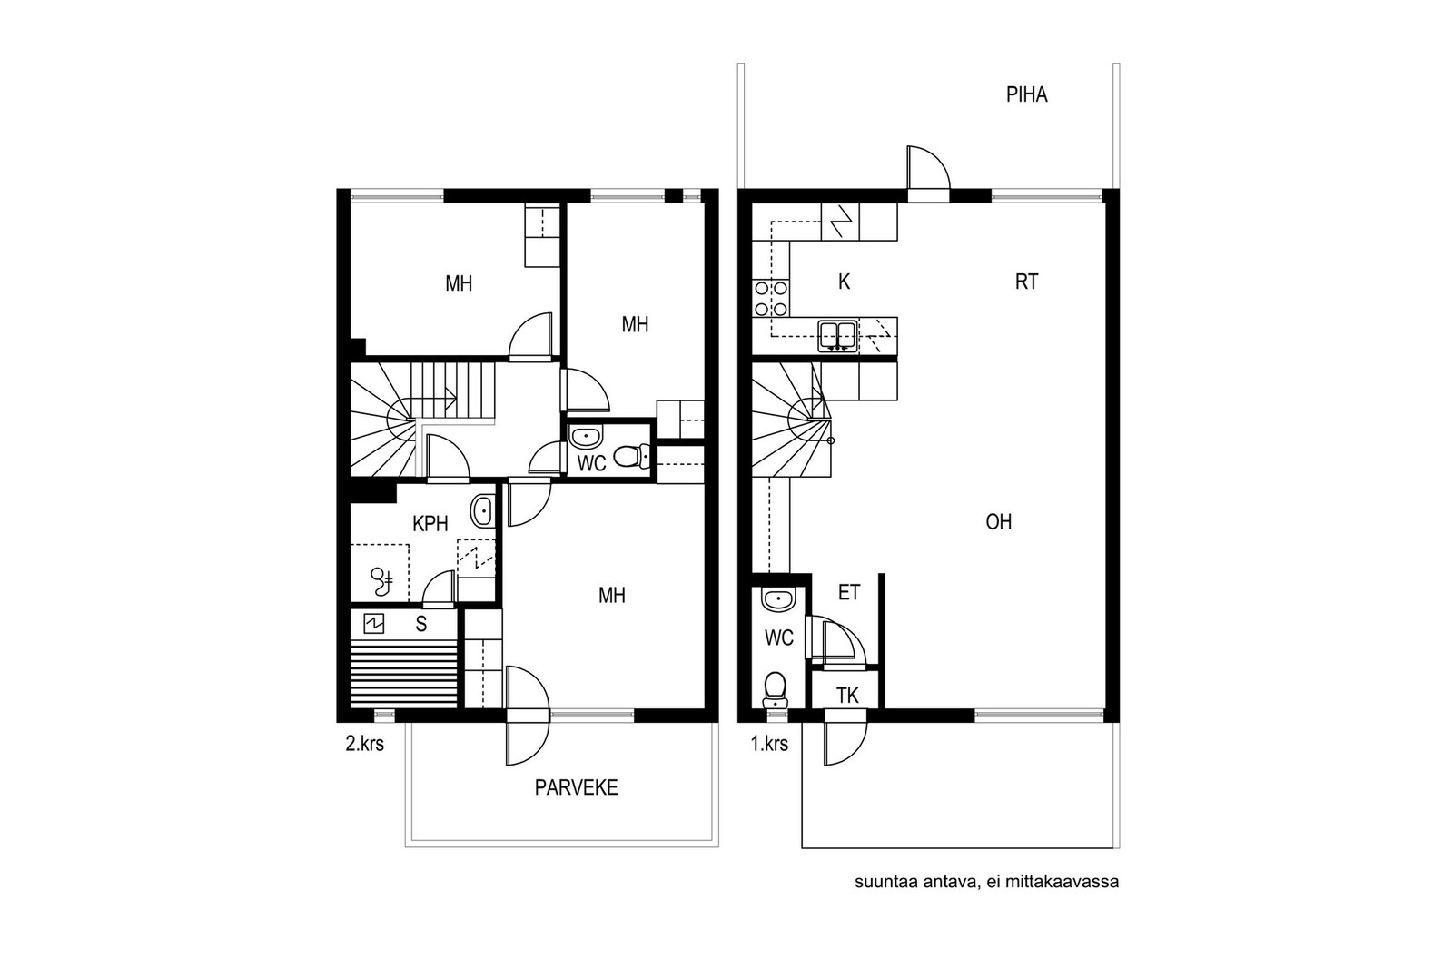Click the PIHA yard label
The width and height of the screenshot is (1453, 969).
[1026, 94]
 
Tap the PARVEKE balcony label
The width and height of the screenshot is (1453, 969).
[576, 787]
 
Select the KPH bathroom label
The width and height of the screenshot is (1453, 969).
[430, 523]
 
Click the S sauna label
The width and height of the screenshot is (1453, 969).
[421, 624]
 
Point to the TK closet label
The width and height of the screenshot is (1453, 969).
[847, 696]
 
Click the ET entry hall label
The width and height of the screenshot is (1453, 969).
[849, 592]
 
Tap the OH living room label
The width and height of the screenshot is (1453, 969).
[998, 522]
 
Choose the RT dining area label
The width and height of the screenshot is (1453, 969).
[1026, 282]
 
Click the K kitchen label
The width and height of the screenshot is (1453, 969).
[844, 282]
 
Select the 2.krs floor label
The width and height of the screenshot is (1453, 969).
[364, 743]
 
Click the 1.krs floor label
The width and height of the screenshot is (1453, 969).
[769, 743]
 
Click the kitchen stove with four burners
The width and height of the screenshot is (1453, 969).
[770, 299]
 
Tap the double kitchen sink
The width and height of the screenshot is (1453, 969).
[838, 336]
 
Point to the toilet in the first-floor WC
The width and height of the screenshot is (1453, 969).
[775, 690]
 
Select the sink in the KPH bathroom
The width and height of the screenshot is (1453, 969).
[482, 511]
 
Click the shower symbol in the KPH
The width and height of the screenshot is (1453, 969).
[381, 581]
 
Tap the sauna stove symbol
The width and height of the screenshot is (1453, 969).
[373, 624]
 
